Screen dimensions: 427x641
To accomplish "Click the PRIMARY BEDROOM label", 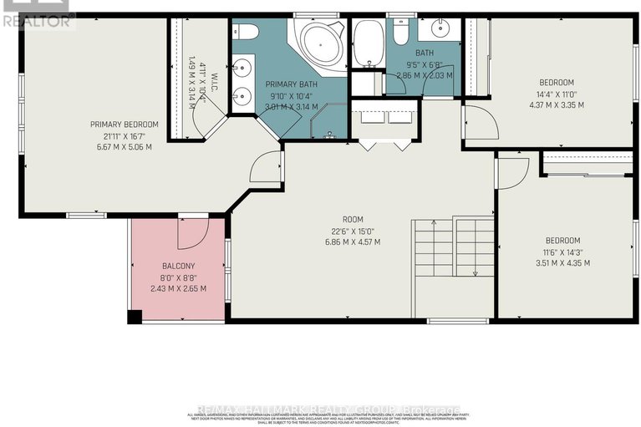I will [x=125, y=125].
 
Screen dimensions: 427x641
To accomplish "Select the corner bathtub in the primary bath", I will [x=317, y=43].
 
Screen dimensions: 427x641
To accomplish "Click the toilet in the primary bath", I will [x=246, y=31].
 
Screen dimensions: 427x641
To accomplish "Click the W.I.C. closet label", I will [x=216, y=84].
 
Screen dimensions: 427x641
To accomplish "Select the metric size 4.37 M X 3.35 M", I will [x=556, y=104].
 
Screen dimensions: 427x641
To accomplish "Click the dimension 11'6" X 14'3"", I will [x=562, y=252].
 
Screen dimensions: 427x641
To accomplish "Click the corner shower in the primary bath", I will [x=328, y=125].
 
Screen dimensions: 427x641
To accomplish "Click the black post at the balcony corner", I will [x=134, y=317].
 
